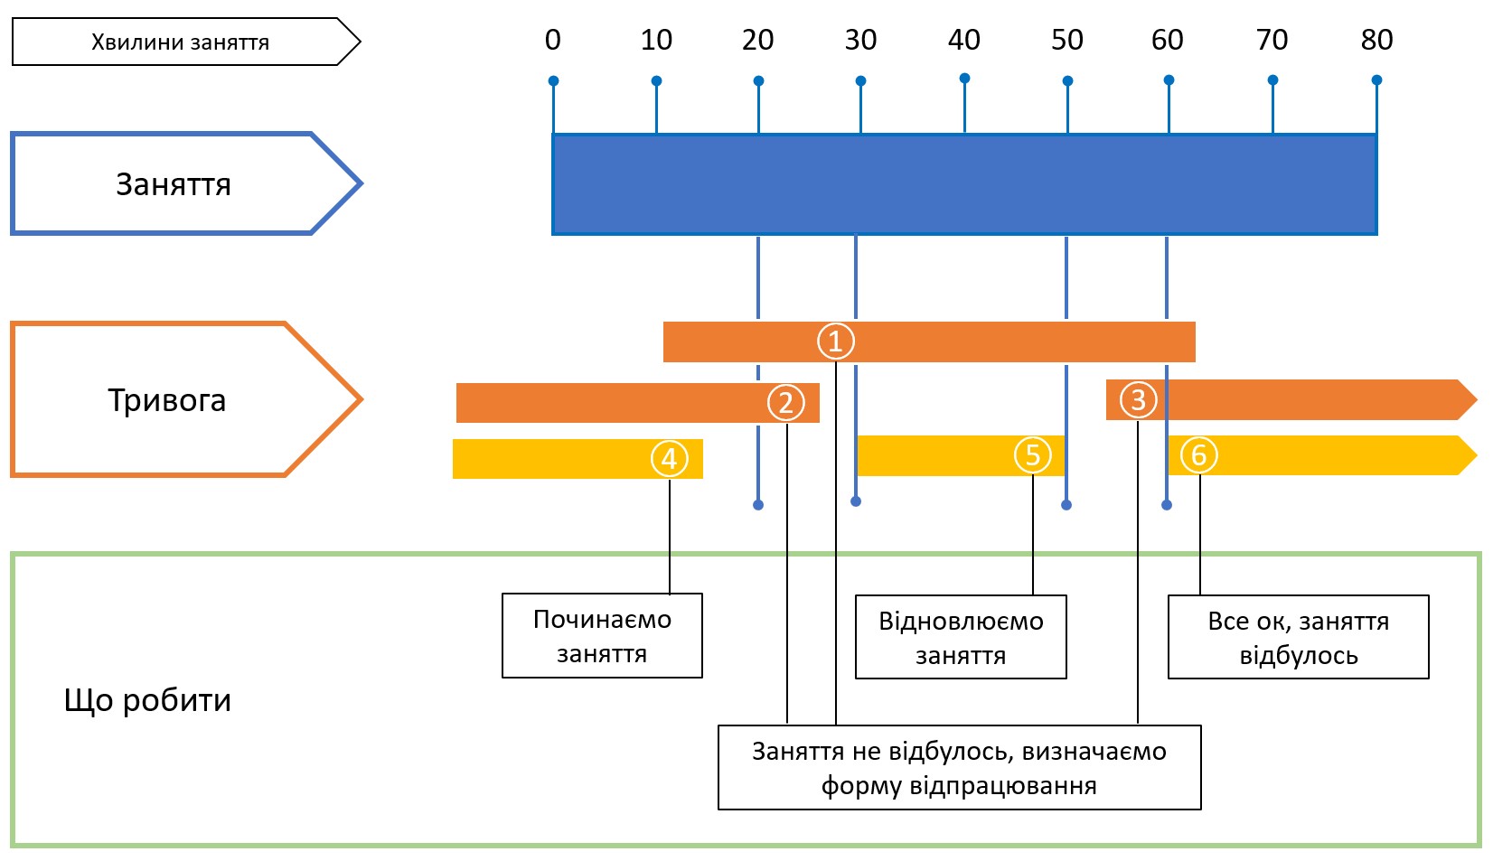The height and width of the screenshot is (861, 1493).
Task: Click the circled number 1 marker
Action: [x=835, y=342]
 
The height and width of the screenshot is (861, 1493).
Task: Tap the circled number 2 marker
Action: [x=785, y=403]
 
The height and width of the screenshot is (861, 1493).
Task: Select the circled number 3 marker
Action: [x=1138, y=399]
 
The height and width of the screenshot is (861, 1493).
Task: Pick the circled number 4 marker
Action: [x=669, y=459]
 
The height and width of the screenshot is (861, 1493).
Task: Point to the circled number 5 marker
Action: [x=1032, y=455]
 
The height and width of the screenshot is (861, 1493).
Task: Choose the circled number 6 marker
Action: [x=1199, y=454]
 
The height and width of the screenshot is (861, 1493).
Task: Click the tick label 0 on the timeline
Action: [x=553, y=41]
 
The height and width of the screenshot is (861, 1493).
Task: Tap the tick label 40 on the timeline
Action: [x=963, y=41]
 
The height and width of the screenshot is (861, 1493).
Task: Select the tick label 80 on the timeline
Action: [x=1376, y=41]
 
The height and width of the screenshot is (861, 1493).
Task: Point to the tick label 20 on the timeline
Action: [x=757, y=41]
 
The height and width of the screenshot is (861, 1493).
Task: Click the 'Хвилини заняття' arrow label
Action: [x=181, y=42]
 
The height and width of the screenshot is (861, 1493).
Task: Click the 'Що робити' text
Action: [x=147, y=700]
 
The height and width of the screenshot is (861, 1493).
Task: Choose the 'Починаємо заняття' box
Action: [x=602, y=636]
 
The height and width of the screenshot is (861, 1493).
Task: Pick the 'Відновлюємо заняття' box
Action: [x=961, y=637]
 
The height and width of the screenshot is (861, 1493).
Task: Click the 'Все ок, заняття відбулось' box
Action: [x=1298, y=637]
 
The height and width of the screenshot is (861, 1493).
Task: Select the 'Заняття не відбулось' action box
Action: [x=959, y=768]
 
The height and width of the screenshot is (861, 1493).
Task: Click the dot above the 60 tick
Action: [x=1169, y=80]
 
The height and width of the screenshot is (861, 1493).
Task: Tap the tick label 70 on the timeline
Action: [x=1272, y=41]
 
